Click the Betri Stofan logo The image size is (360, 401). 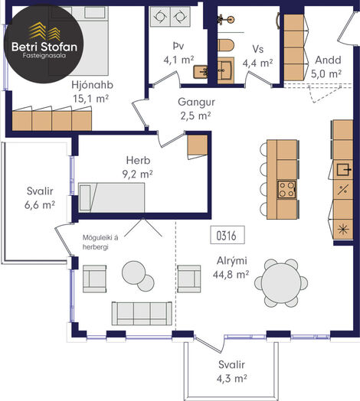44,44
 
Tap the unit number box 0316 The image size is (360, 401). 227,235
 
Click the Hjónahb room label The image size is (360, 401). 92,85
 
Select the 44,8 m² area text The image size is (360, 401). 231,275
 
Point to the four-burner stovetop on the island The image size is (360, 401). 286,190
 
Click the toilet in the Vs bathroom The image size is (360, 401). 226,45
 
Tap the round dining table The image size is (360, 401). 281,283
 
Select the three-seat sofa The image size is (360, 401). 142,314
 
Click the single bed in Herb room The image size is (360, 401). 111,197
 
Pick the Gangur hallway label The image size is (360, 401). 196,102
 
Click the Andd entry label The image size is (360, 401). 328,60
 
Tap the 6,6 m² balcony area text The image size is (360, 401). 40,205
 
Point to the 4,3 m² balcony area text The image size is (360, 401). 232,379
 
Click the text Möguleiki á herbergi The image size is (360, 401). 100,243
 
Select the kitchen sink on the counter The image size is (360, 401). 344,170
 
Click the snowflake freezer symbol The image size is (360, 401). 343,229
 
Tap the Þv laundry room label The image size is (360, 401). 178,46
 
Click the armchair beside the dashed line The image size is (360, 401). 189,279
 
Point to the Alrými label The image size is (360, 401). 232,261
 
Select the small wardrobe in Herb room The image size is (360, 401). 198,145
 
